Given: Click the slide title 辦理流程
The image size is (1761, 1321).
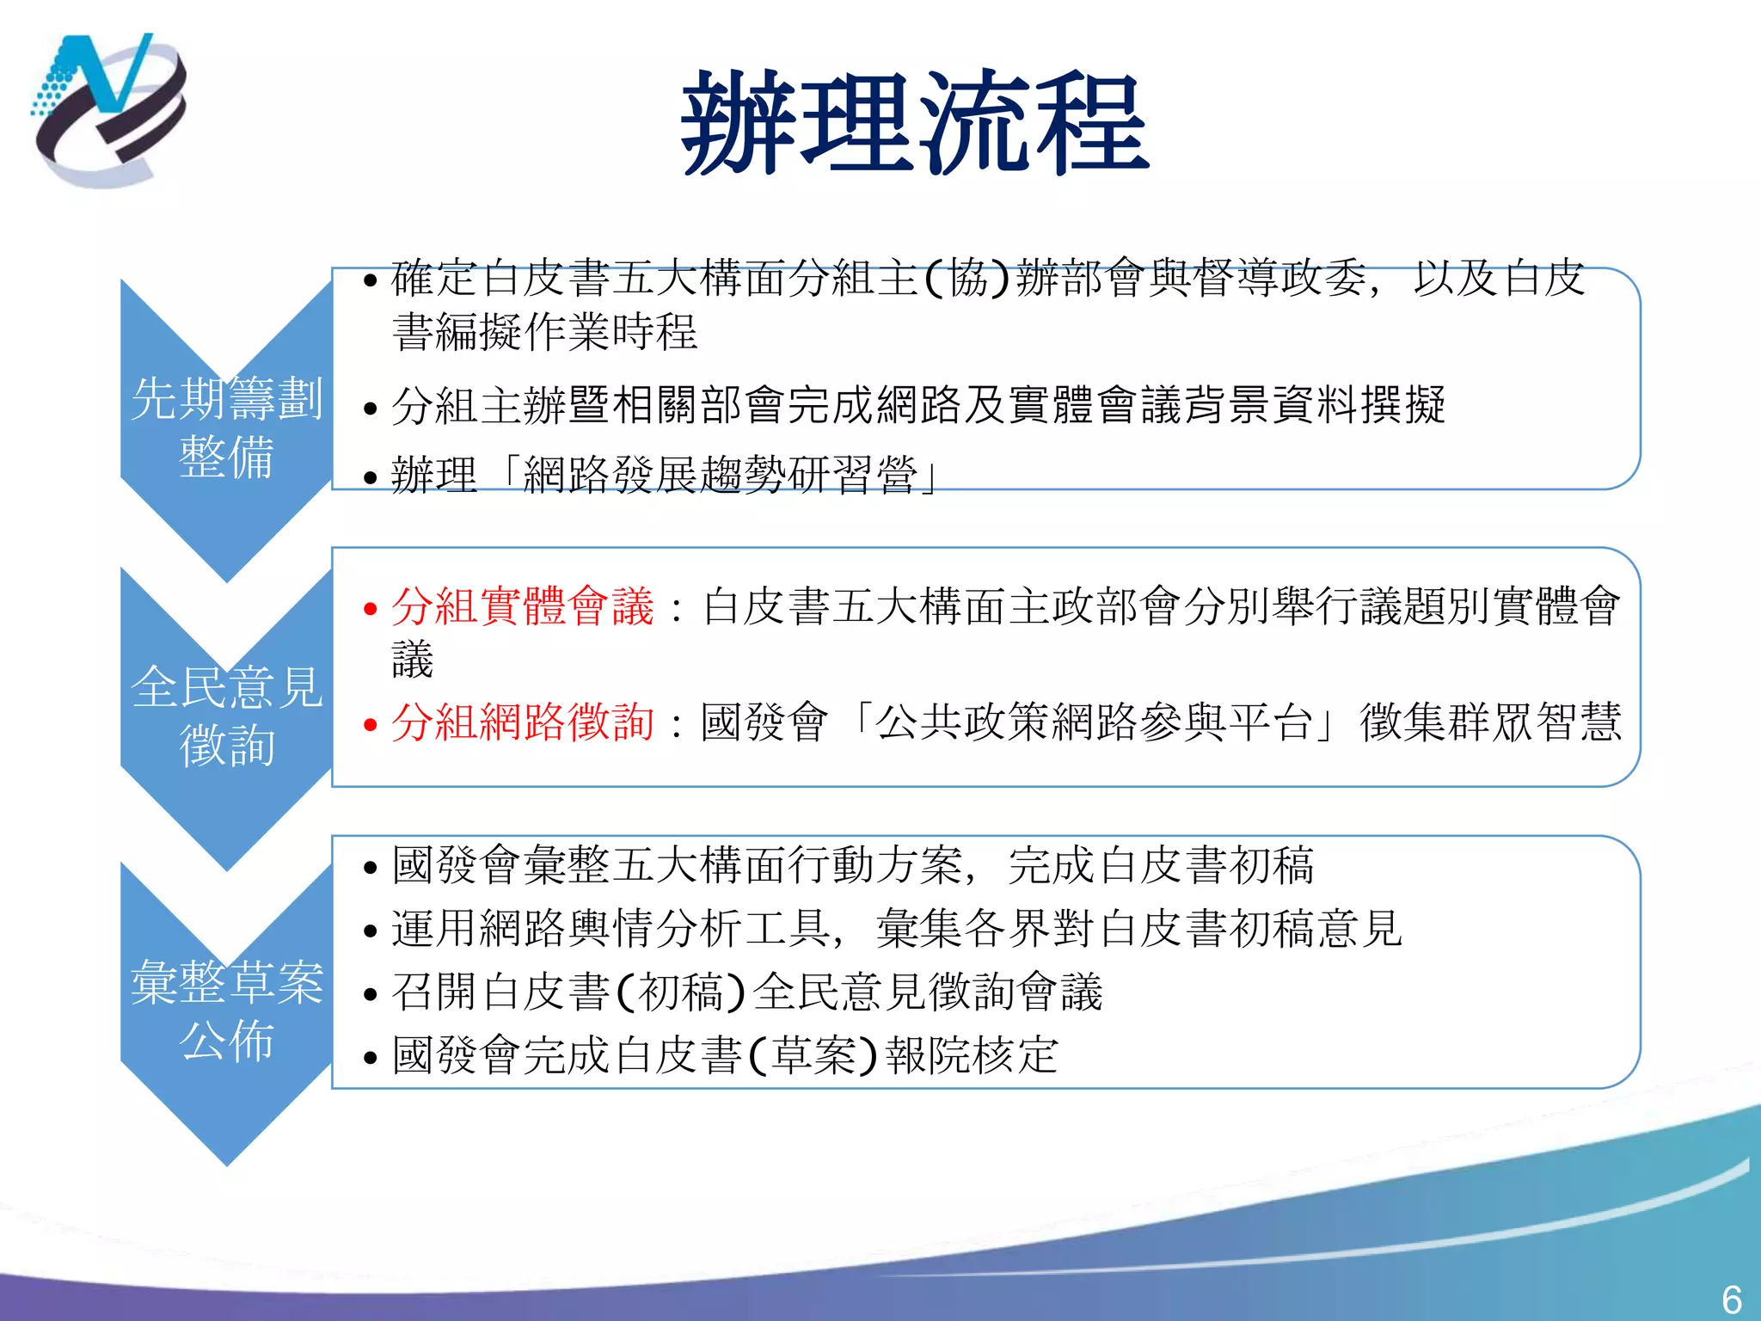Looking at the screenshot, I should coord(915,123).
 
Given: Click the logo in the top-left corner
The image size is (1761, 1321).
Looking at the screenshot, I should coord(108,109).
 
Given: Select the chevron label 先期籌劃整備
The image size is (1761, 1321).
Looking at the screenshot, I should coord(226,427).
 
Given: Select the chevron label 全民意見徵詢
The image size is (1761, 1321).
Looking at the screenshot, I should coord(226,716).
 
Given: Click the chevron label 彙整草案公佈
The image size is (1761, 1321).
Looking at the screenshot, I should coord(226,1011).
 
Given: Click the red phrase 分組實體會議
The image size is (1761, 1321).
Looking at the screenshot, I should coord(523,606).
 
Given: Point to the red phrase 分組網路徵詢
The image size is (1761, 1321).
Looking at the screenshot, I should coord(523,722).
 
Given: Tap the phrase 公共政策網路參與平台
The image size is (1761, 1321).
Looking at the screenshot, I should coord(1094,722).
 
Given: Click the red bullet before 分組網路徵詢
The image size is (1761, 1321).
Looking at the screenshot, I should coord(371,725).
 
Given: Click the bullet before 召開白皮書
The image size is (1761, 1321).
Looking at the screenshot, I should coord(371,995).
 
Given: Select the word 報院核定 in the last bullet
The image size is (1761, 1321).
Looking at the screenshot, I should coord(972,1055).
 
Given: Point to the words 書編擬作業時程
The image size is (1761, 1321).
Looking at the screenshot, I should coord(544,332).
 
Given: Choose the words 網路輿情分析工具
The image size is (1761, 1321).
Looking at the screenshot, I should coord(654,930).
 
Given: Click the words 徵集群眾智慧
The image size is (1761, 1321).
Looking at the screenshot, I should coord(1490,722).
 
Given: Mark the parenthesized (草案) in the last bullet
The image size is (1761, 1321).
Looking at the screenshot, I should coord(813,1055).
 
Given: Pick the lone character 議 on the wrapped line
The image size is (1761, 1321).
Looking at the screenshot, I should coord(413,660).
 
